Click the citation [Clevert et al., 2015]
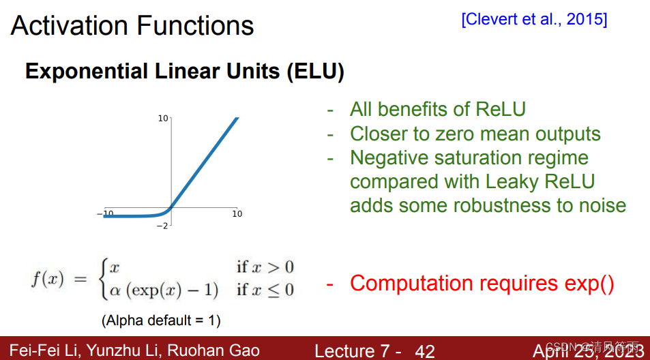tap(534, 19)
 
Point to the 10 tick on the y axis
tap(163, 119)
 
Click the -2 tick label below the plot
tap(162, 226)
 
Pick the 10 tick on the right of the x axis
tap(237, 214)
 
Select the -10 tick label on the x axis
tap(106, 214)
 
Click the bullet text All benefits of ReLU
tap(437, 109)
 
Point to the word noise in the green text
tap(597, 205)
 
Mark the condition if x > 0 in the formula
tap(265, 267)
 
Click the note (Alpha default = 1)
tap(161, 320)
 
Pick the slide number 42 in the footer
tap(424, 351)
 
